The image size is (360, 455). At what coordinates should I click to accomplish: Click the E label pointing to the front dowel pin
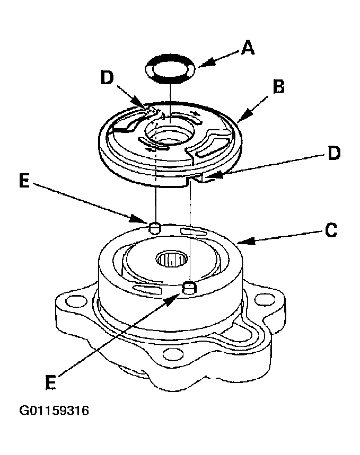(51, 382)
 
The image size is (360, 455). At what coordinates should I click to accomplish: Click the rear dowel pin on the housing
(154, 228)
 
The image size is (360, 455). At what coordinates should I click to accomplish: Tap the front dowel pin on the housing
(190, 288)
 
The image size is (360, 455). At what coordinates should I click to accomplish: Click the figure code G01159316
(54, 411)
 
